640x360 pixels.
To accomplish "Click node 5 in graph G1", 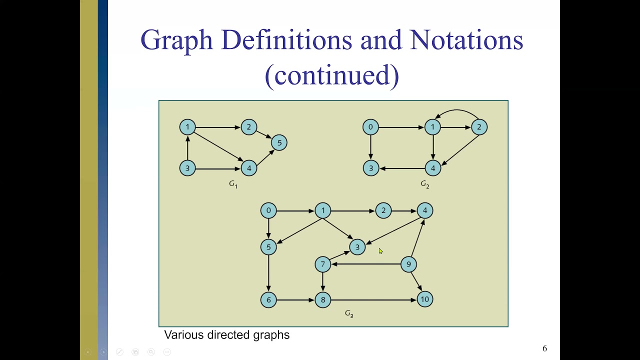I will click(x=279, y=143).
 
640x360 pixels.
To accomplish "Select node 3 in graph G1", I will click(x=187, y=168).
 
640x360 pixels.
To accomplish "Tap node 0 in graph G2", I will click(x=370, y=127).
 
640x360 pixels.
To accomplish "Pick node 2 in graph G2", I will click(x=479, y=127).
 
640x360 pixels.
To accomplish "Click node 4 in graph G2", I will click(x=432, y=168).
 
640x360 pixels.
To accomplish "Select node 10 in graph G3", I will click(x=424, y=299).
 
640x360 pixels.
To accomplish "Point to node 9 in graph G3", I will click(x=408, y=264).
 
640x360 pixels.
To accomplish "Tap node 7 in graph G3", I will click(x=322, y=264).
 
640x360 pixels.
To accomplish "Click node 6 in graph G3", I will click(x=268, y=299).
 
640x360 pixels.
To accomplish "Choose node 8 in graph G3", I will click(x=322, y=299).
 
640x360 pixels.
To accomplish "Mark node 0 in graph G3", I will click(x=268, y=210).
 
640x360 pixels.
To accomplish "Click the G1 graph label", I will click(x=233, y=184).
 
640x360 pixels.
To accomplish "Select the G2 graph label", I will click(x=424, y=184).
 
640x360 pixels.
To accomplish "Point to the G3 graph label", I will click(x=349, y=314).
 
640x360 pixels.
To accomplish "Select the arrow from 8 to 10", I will click(x=372, y=299).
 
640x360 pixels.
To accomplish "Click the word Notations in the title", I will click(x=466, y=40).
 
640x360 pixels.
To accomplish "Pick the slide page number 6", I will click(x=544, y=348).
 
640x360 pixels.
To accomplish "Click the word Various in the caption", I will click(x=183, y=335).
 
